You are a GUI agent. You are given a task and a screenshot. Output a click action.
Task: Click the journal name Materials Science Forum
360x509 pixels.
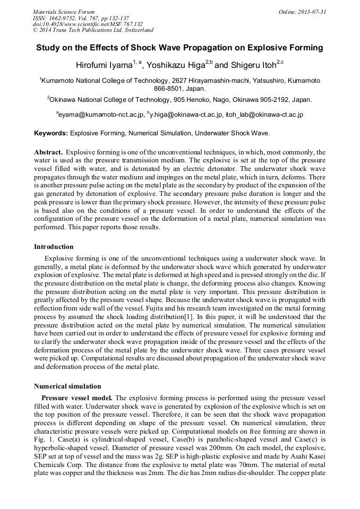[x=64, y=12]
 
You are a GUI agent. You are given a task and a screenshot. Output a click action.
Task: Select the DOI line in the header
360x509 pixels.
[x=88, y=24]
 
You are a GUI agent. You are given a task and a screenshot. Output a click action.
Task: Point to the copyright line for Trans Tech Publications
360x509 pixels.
[x=93, y=30]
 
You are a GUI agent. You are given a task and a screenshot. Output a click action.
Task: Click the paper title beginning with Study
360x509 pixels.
[x=179, y=48]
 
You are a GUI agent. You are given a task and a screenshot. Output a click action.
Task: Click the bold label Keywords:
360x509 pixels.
[x=51, y=133]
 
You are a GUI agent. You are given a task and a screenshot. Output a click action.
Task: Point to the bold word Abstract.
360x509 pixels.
[x=49, y=152]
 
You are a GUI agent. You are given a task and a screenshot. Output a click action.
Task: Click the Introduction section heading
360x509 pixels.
[x=54, y=247]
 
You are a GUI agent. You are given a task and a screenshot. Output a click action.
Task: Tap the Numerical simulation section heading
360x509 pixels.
[x=67, y=386]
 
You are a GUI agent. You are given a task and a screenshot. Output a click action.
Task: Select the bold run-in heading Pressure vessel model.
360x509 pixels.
[x=76, y=398]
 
